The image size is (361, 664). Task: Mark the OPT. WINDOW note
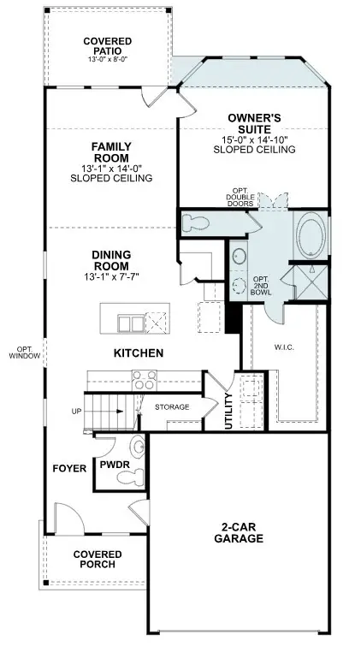click(21, 353)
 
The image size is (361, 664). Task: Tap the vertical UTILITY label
click(228, 411)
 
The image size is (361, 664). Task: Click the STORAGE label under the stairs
click(171, 407)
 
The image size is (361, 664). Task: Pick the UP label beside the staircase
click(76, 412)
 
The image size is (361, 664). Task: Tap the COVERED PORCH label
click(97, 560)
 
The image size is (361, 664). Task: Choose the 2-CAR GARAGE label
click(239, 532)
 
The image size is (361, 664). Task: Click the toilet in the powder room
click(136, 447)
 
